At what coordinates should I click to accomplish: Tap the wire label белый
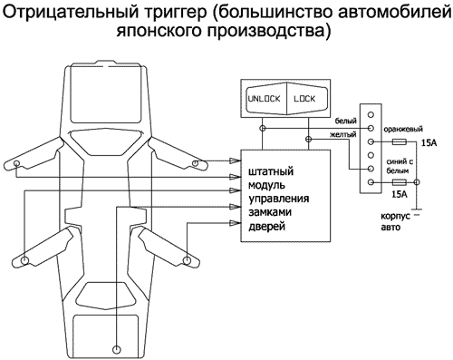tap(345, 121)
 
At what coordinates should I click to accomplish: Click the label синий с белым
tap(399, 167)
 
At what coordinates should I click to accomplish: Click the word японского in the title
tap(160, 34)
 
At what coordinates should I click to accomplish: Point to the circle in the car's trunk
tap(117, 347)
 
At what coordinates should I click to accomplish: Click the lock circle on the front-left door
tap(16, 164)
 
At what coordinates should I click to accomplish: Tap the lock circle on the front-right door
tap(197, 164)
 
